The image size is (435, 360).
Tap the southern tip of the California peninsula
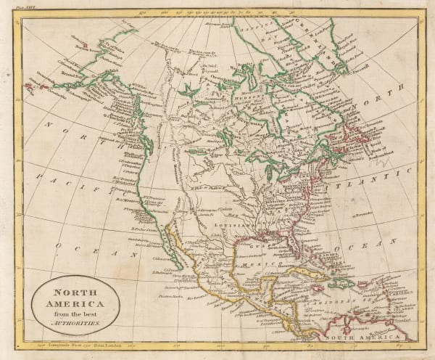(x=179, y=258)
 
